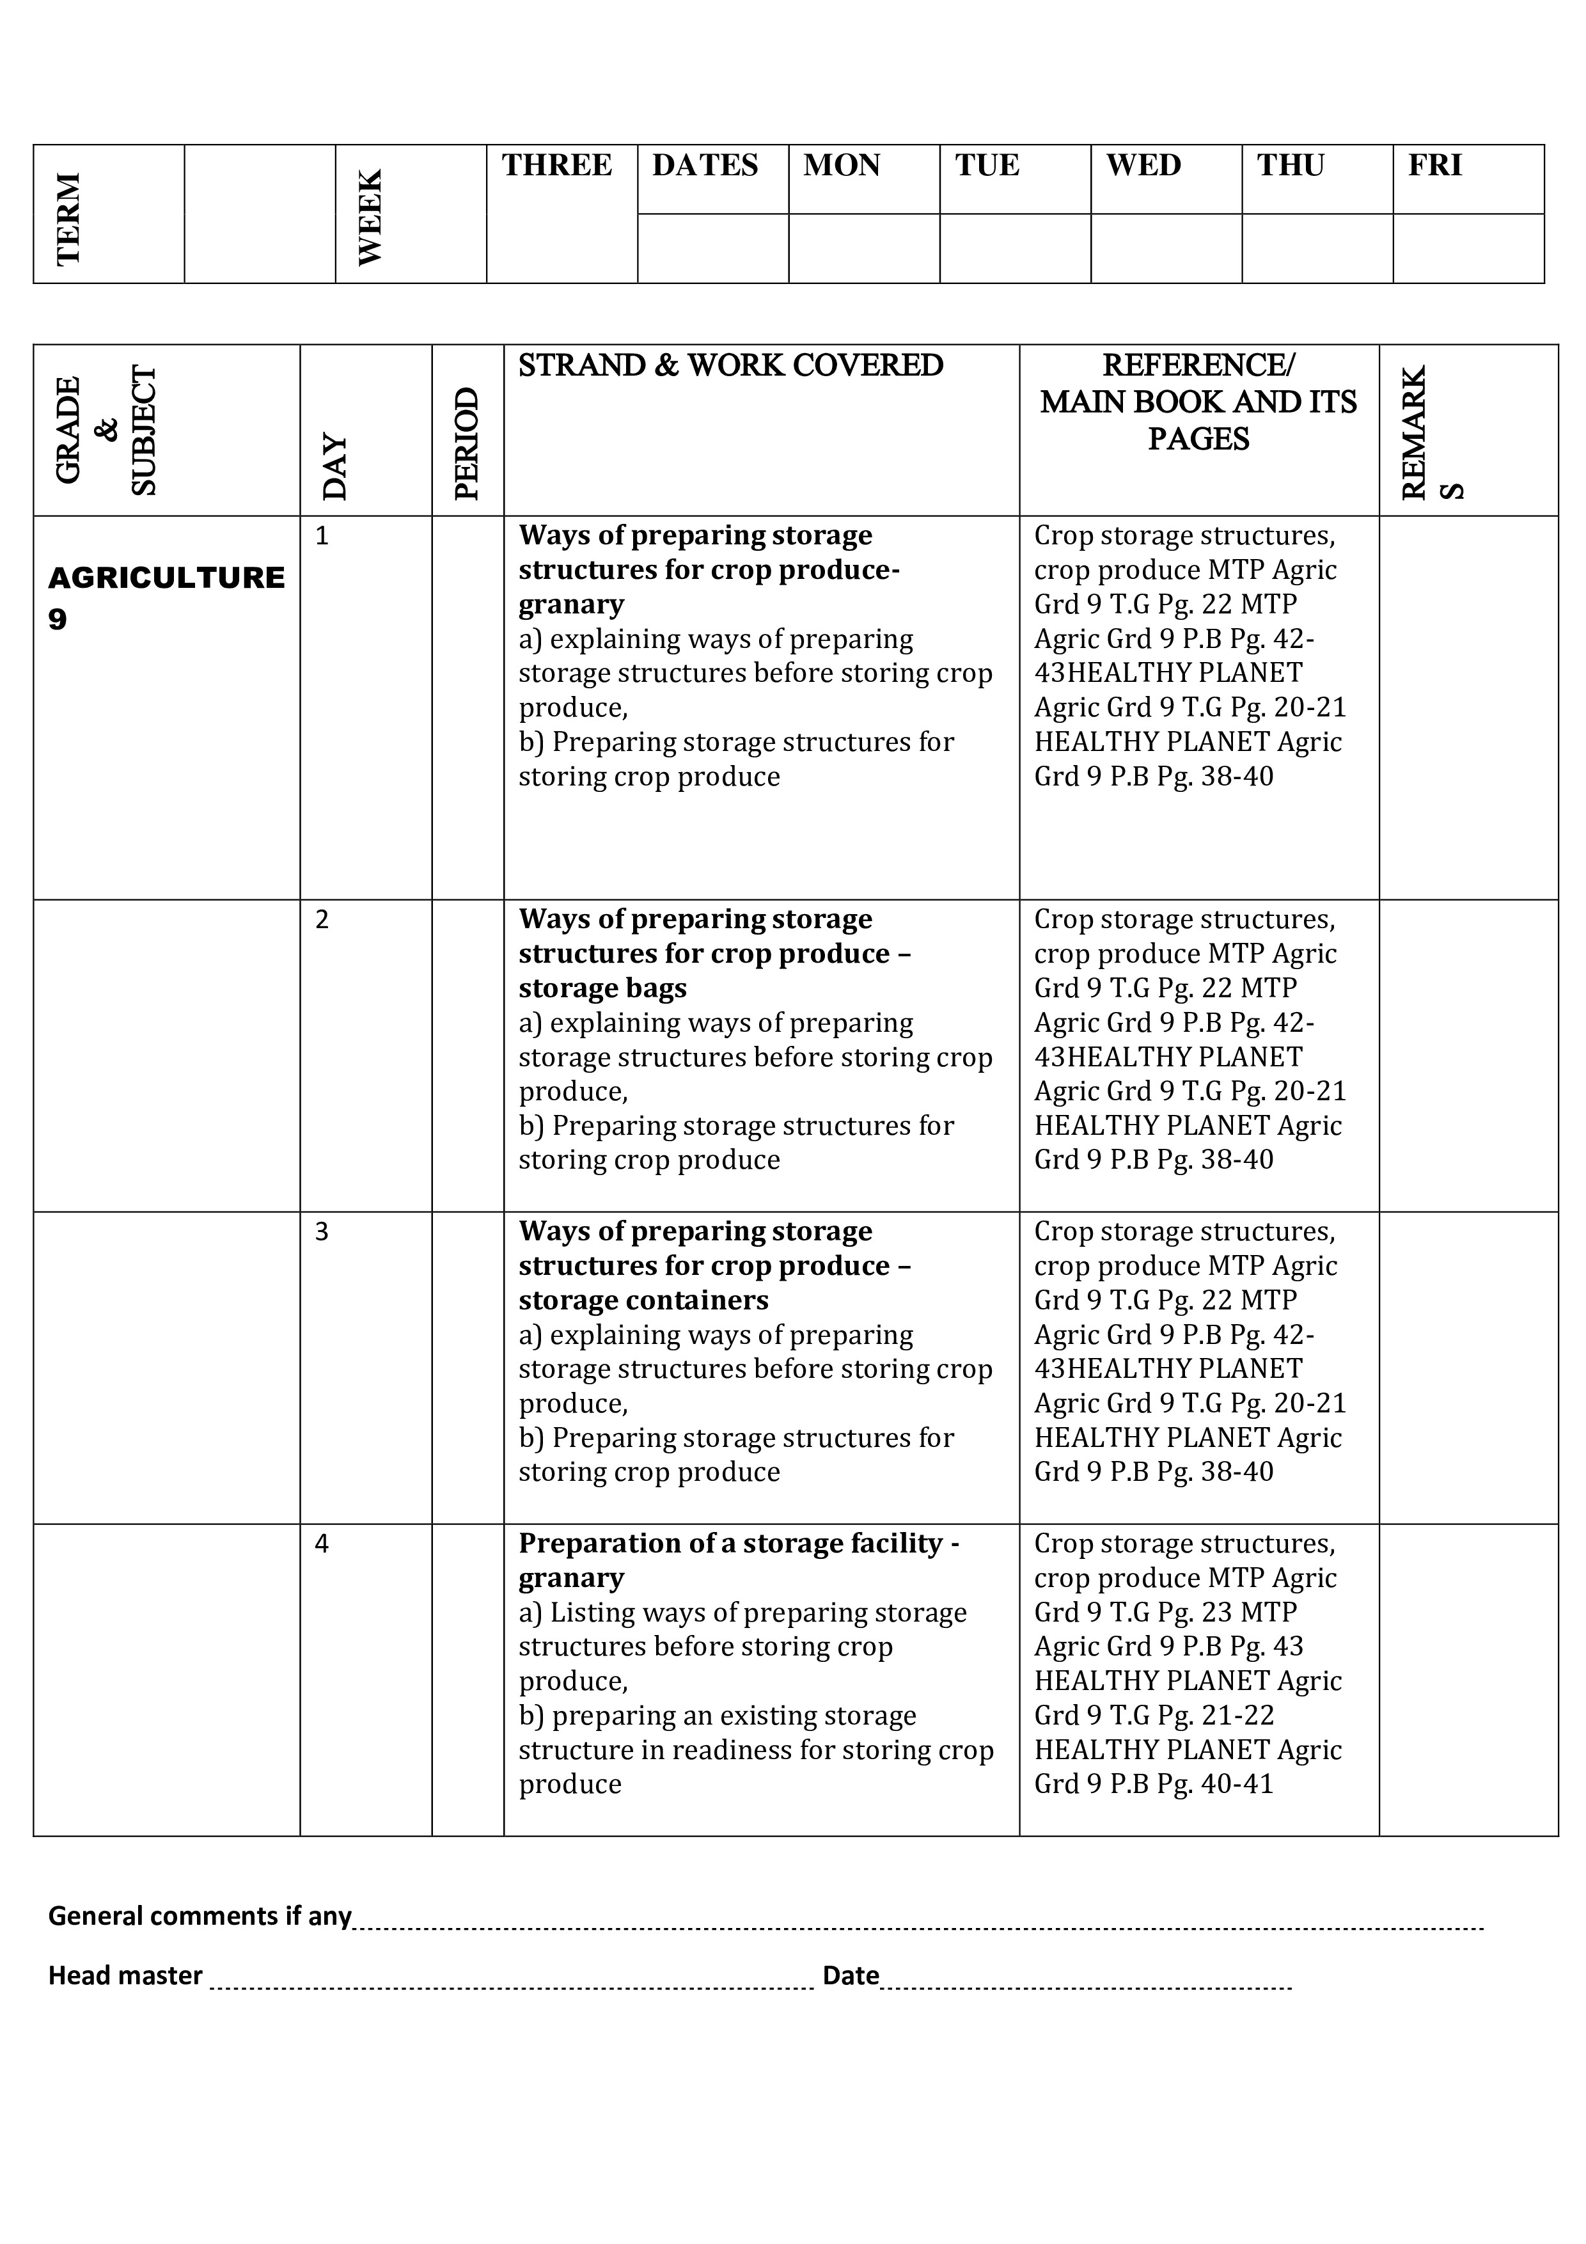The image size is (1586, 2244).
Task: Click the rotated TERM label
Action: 68,218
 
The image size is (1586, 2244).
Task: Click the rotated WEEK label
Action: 370,217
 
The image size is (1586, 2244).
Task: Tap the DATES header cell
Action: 705,165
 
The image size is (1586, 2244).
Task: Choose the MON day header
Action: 842,165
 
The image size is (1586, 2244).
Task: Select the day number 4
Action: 322,1544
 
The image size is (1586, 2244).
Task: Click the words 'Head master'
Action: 125,1975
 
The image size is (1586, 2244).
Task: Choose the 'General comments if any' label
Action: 200,1916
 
